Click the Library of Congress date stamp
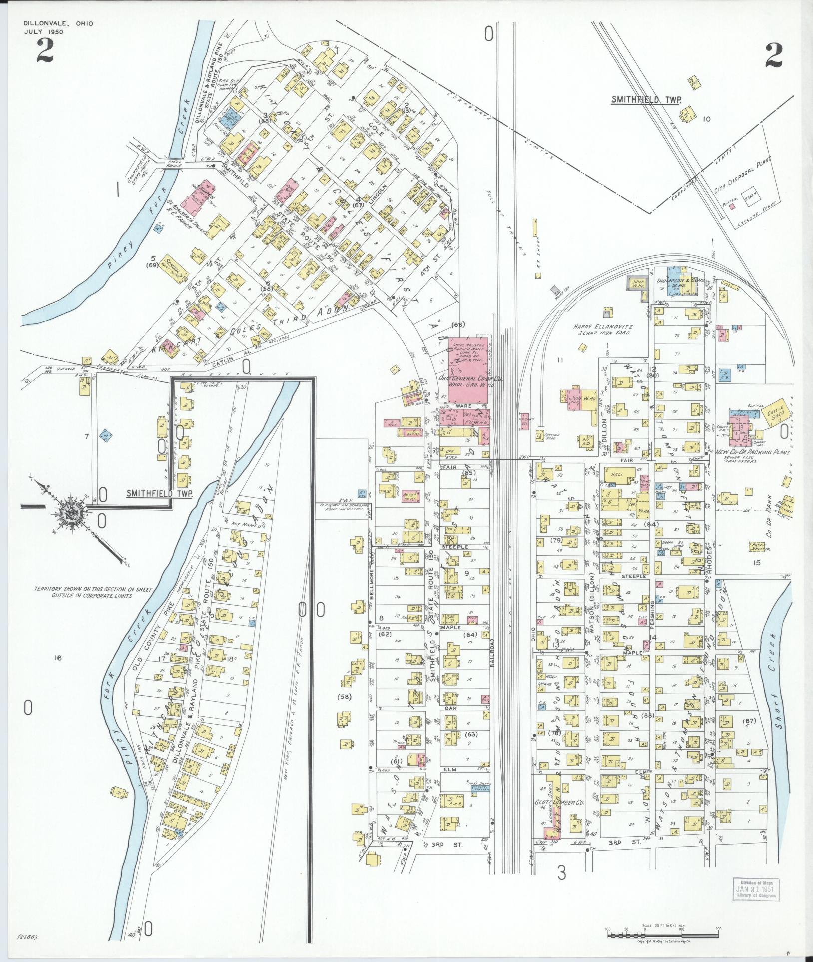click(755, 890)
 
